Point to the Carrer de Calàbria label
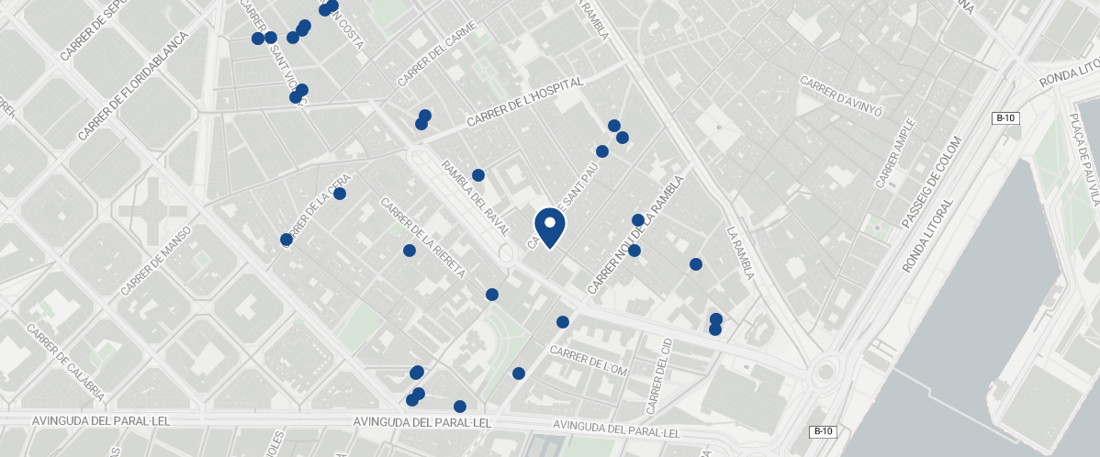point(64,363)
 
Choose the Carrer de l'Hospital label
point(524,102)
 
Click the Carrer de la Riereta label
point(423,238)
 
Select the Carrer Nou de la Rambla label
point(636,236)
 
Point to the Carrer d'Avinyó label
point(841,96)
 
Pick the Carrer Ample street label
point(896,153)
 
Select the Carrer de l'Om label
point(588,362)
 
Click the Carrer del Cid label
point(658,375)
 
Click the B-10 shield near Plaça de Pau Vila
point(1006,117)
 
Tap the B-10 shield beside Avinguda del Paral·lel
point(821,431)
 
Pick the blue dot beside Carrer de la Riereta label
point(410,251)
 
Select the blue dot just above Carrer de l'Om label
point(563,322)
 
